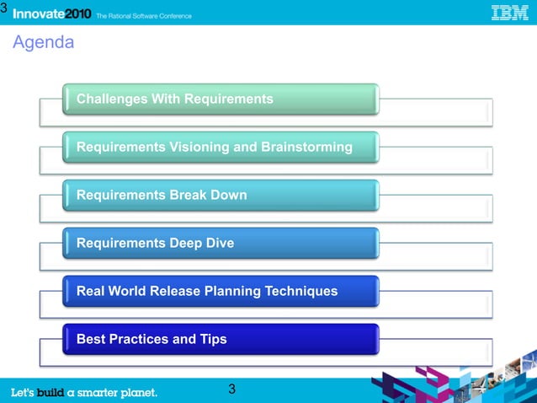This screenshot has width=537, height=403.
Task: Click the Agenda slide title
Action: coord(43,42)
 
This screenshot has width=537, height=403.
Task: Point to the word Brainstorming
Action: coord(306,148)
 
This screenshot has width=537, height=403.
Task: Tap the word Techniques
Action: coord(302,292)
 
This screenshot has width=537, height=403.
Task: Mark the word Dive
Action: coord(219,244)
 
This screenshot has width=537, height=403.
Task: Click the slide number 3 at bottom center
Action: coord(231,390)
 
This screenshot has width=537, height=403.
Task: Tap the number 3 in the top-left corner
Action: coord(4,8)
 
